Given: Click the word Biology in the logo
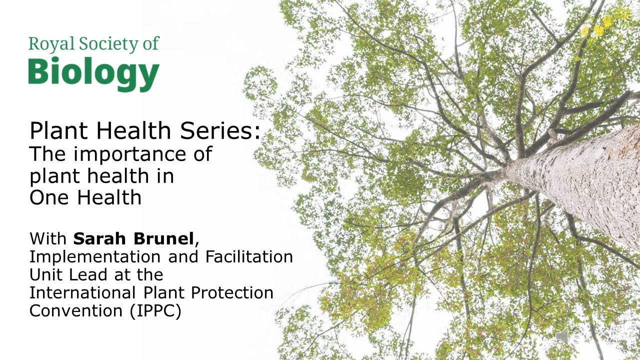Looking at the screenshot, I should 93,74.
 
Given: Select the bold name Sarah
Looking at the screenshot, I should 99,238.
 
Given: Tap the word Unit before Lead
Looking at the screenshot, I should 47,274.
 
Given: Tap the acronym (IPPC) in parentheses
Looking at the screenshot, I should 155,310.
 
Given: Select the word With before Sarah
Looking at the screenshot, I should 48,238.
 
